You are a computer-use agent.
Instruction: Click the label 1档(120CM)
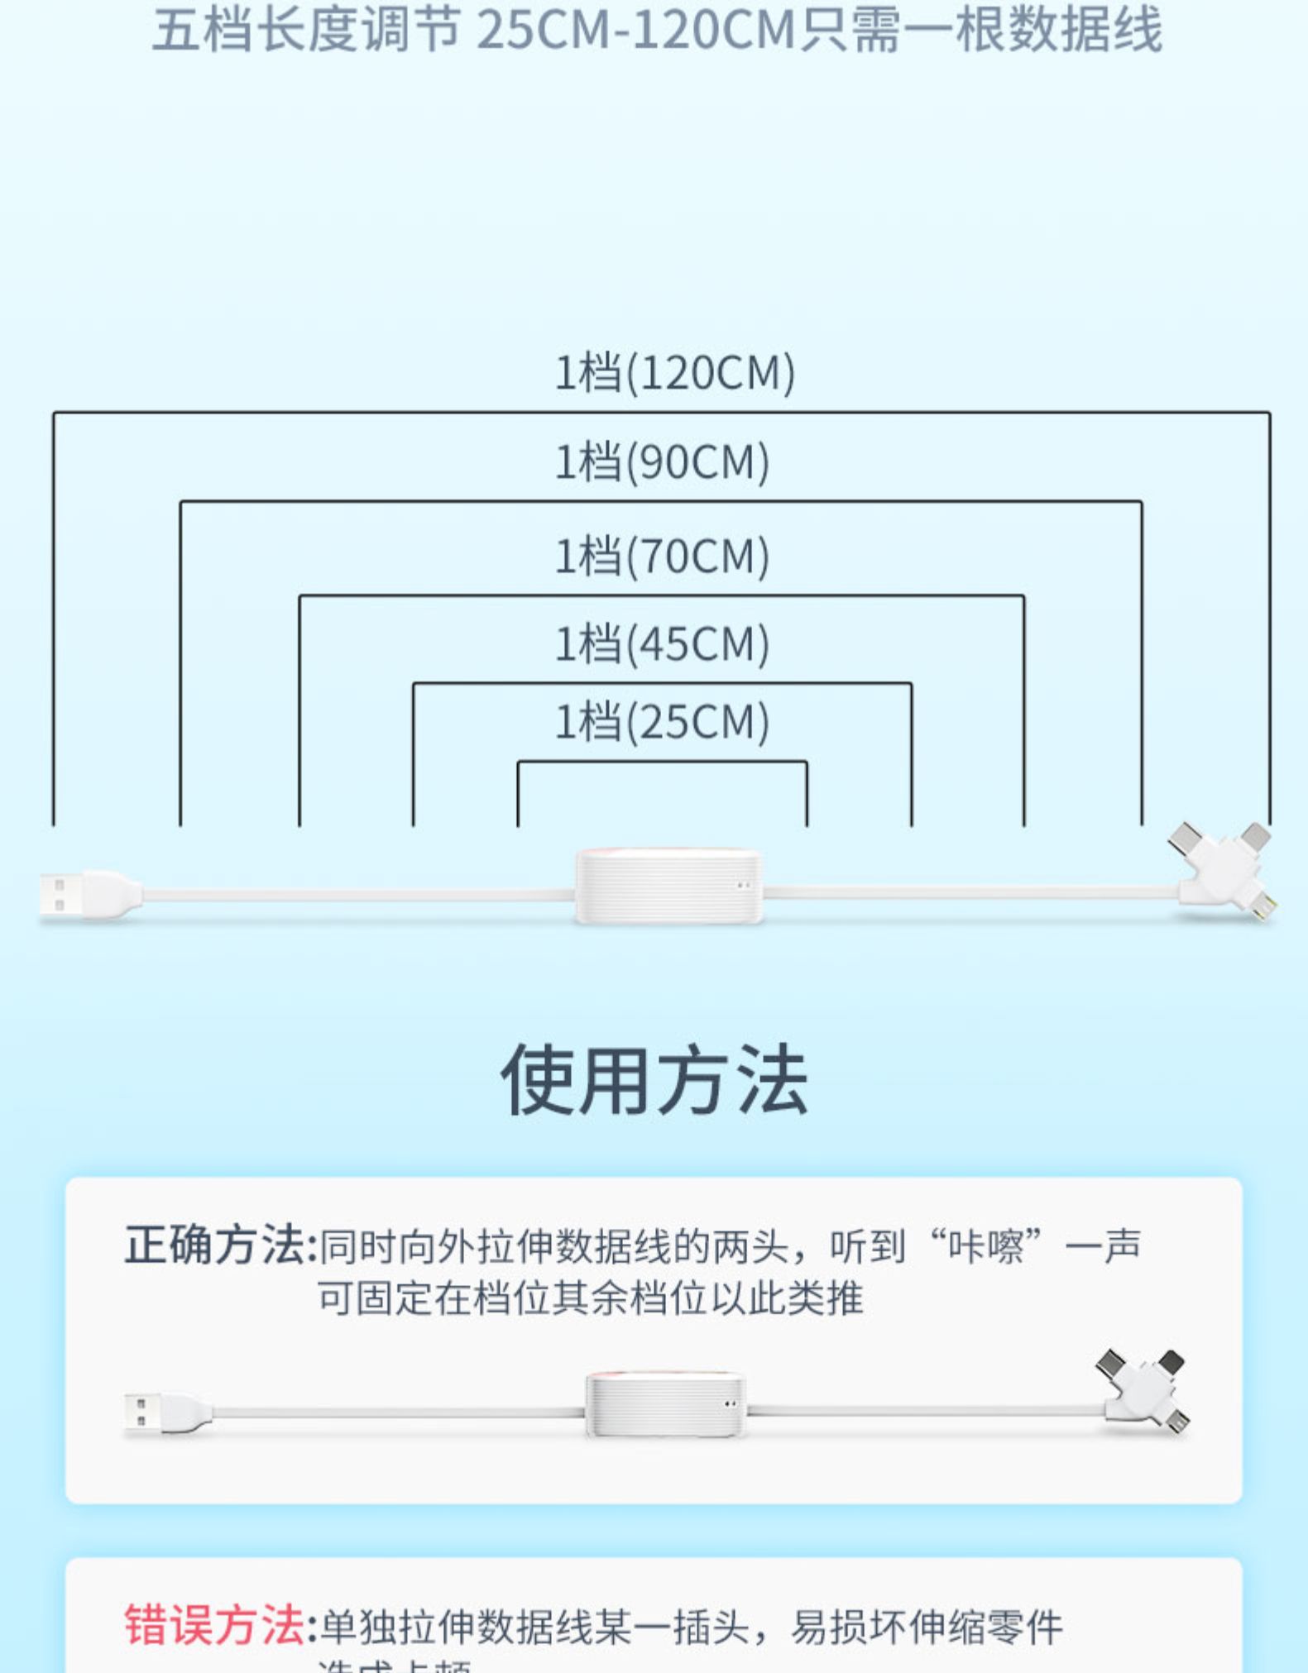674,373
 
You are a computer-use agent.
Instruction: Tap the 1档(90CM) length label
662,461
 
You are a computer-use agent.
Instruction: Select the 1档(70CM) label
662,556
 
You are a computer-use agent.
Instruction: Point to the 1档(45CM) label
662,644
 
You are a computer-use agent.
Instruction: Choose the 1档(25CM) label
662,722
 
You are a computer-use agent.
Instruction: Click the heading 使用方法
654,1080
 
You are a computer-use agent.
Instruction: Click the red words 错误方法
214,1625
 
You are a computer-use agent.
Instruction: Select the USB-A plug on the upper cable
83,895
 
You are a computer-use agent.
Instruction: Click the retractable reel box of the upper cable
668,886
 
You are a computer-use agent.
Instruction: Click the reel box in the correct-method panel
666,1404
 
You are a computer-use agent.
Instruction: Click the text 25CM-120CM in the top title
635,31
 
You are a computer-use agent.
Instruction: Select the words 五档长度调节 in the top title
305,31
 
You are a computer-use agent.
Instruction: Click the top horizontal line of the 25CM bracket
662,762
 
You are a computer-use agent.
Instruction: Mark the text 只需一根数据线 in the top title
981,31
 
